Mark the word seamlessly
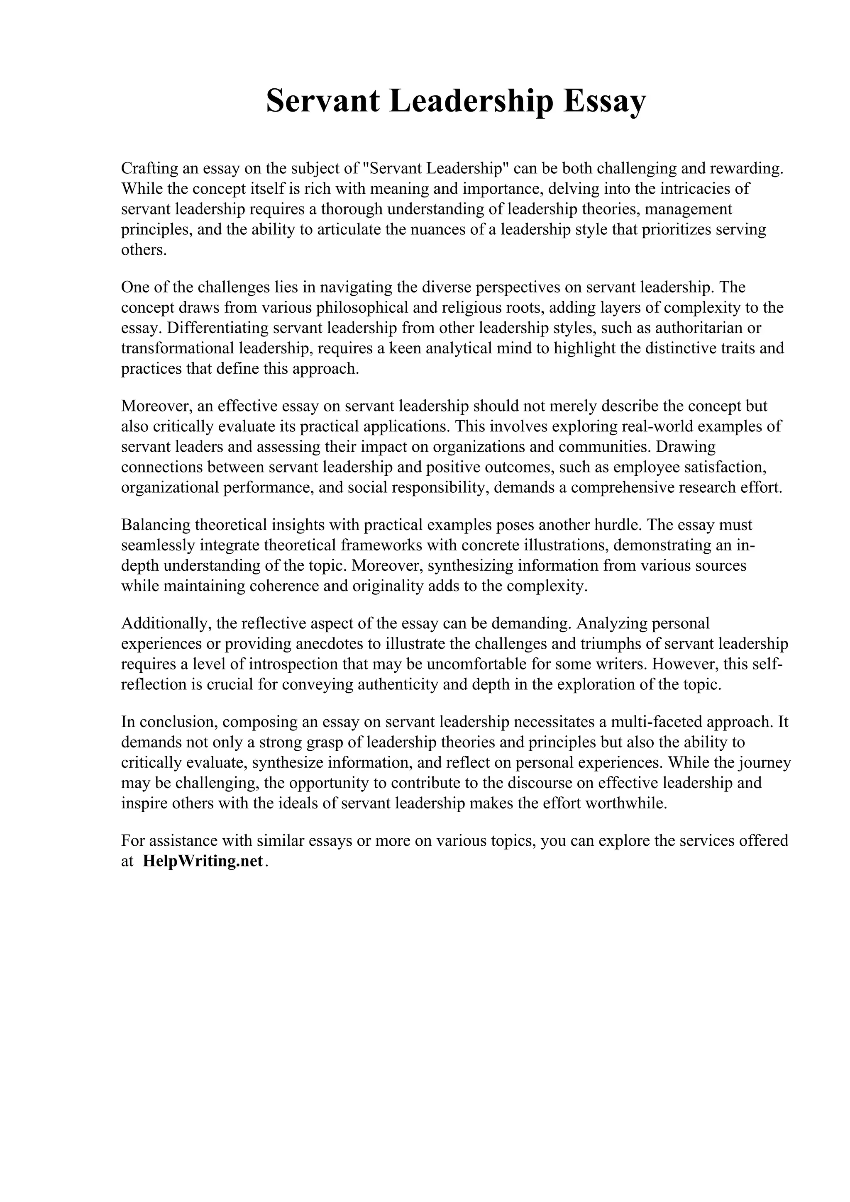pos(158,545)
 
